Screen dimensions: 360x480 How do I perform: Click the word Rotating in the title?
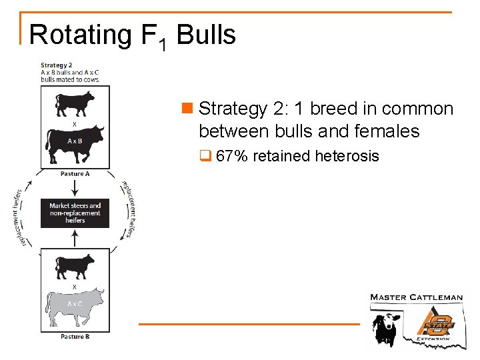pyautogui.click(x=79, y=35)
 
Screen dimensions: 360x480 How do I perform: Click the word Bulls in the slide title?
pyautogui.click(x=207, y=35)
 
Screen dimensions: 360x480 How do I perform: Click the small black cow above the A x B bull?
pyautogui.click(x=75, y=104)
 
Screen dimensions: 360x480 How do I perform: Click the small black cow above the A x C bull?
pyautogui.click(x=75, y=267)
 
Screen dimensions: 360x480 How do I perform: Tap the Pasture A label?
pyautogui.click(x=75, y=174)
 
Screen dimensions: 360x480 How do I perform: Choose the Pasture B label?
pyautogui.click(x=75, y=337)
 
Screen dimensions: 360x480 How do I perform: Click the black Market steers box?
pyautogui.click(x=75, y=213)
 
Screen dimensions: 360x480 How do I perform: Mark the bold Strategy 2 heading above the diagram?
pyautogui.click(x=57, y=65)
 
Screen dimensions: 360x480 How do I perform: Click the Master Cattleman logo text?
pyautogui.click(x=416, y=297)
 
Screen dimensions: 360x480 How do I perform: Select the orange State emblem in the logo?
pyautogui.click(x=437, y=322)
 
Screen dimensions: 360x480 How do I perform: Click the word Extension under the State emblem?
pyautogui.click(x=433, y=339)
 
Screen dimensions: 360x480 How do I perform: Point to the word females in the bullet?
pyautogui.click(x=387, y=131)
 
